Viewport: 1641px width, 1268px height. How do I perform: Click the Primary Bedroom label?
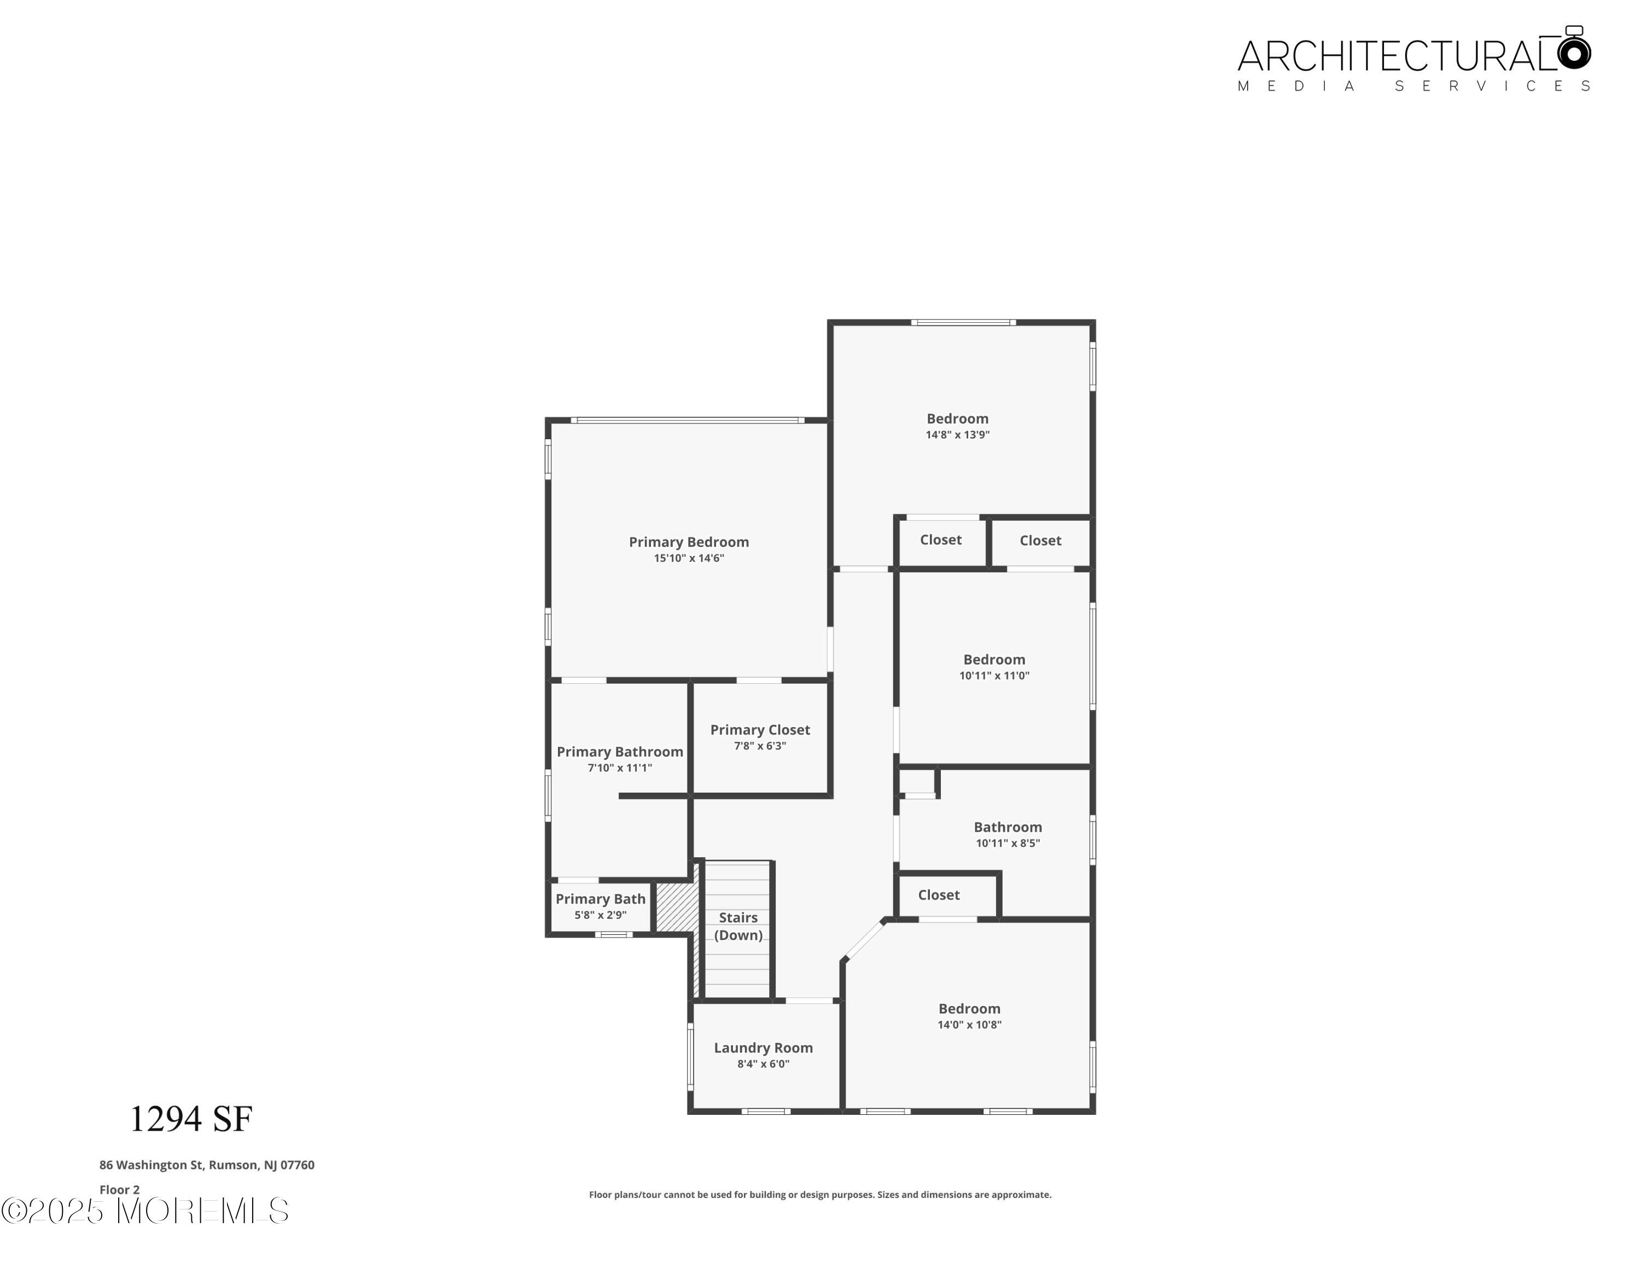coord(688,542)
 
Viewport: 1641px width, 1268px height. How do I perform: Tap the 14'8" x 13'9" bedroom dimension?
coord(957,435)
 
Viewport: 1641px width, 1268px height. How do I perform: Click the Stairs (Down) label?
coord(738,926)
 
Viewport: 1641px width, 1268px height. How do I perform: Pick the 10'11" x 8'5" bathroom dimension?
coord(1008,844)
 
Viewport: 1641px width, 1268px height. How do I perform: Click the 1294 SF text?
coord(191,1119)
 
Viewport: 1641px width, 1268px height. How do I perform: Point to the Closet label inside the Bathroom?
coord(939,895)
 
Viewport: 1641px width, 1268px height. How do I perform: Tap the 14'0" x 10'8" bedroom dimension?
coord(969,1025)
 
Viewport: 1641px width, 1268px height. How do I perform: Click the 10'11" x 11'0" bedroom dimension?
coord(994,676)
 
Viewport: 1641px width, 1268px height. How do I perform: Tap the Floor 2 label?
coord(119,1190)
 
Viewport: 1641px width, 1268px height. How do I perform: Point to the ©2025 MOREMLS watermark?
coord(144,1211)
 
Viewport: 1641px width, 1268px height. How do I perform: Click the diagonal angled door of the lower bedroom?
coord(864,940)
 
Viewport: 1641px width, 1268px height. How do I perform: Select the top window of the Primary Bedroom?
coord(688,420)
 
